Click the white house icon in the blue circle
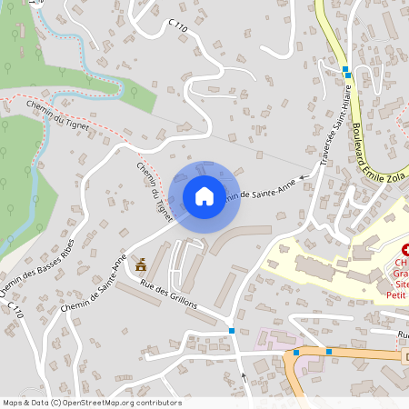204,196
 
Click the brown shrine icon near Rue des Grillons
141,264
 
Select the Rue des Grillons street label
169,295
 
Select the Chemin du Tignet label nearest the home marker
155,192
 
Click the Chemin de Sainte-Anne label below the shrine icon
95,285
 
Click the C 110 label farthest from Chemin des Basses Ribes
177,27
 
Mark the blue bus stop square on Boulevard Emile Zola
345,70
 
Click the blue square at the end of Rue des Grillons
234,331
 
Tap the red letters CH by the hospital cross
401,264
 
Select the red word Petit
398,294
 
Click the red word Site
402,284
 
